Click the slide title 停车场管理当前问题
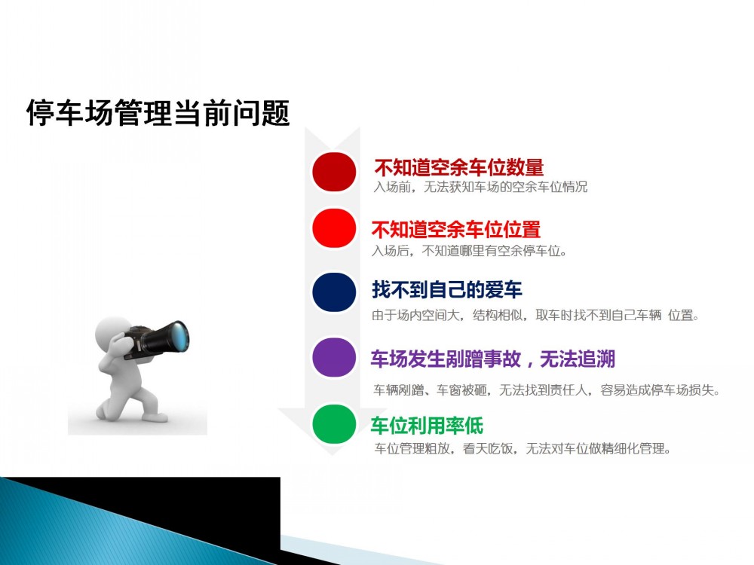point(158,113)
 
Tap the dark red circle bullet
point(334,172)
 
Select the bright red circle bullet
point(334,228)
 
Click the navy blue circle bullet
point(334,292)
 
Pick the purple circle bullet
point(334,357)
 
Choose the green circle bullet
point(334,423)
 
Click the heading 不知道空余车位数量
point(458,168)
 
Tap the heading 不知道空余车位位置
point(456,229)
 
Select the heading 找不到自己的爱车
point(446,290)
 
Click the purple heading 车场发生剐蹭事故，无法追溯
point(493,359)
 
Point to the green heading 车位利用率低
point(427,425)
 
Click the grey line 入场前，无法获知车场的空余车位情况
point(480,187)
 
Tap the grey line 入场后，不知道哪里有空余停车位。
point(469,250)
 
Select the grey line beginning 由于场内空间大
point(535,315)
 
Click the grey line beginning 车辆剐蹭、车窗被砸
point(547,389)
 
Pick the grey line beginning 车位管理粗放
point(523,448)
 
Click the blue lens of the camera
point(180,336)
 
